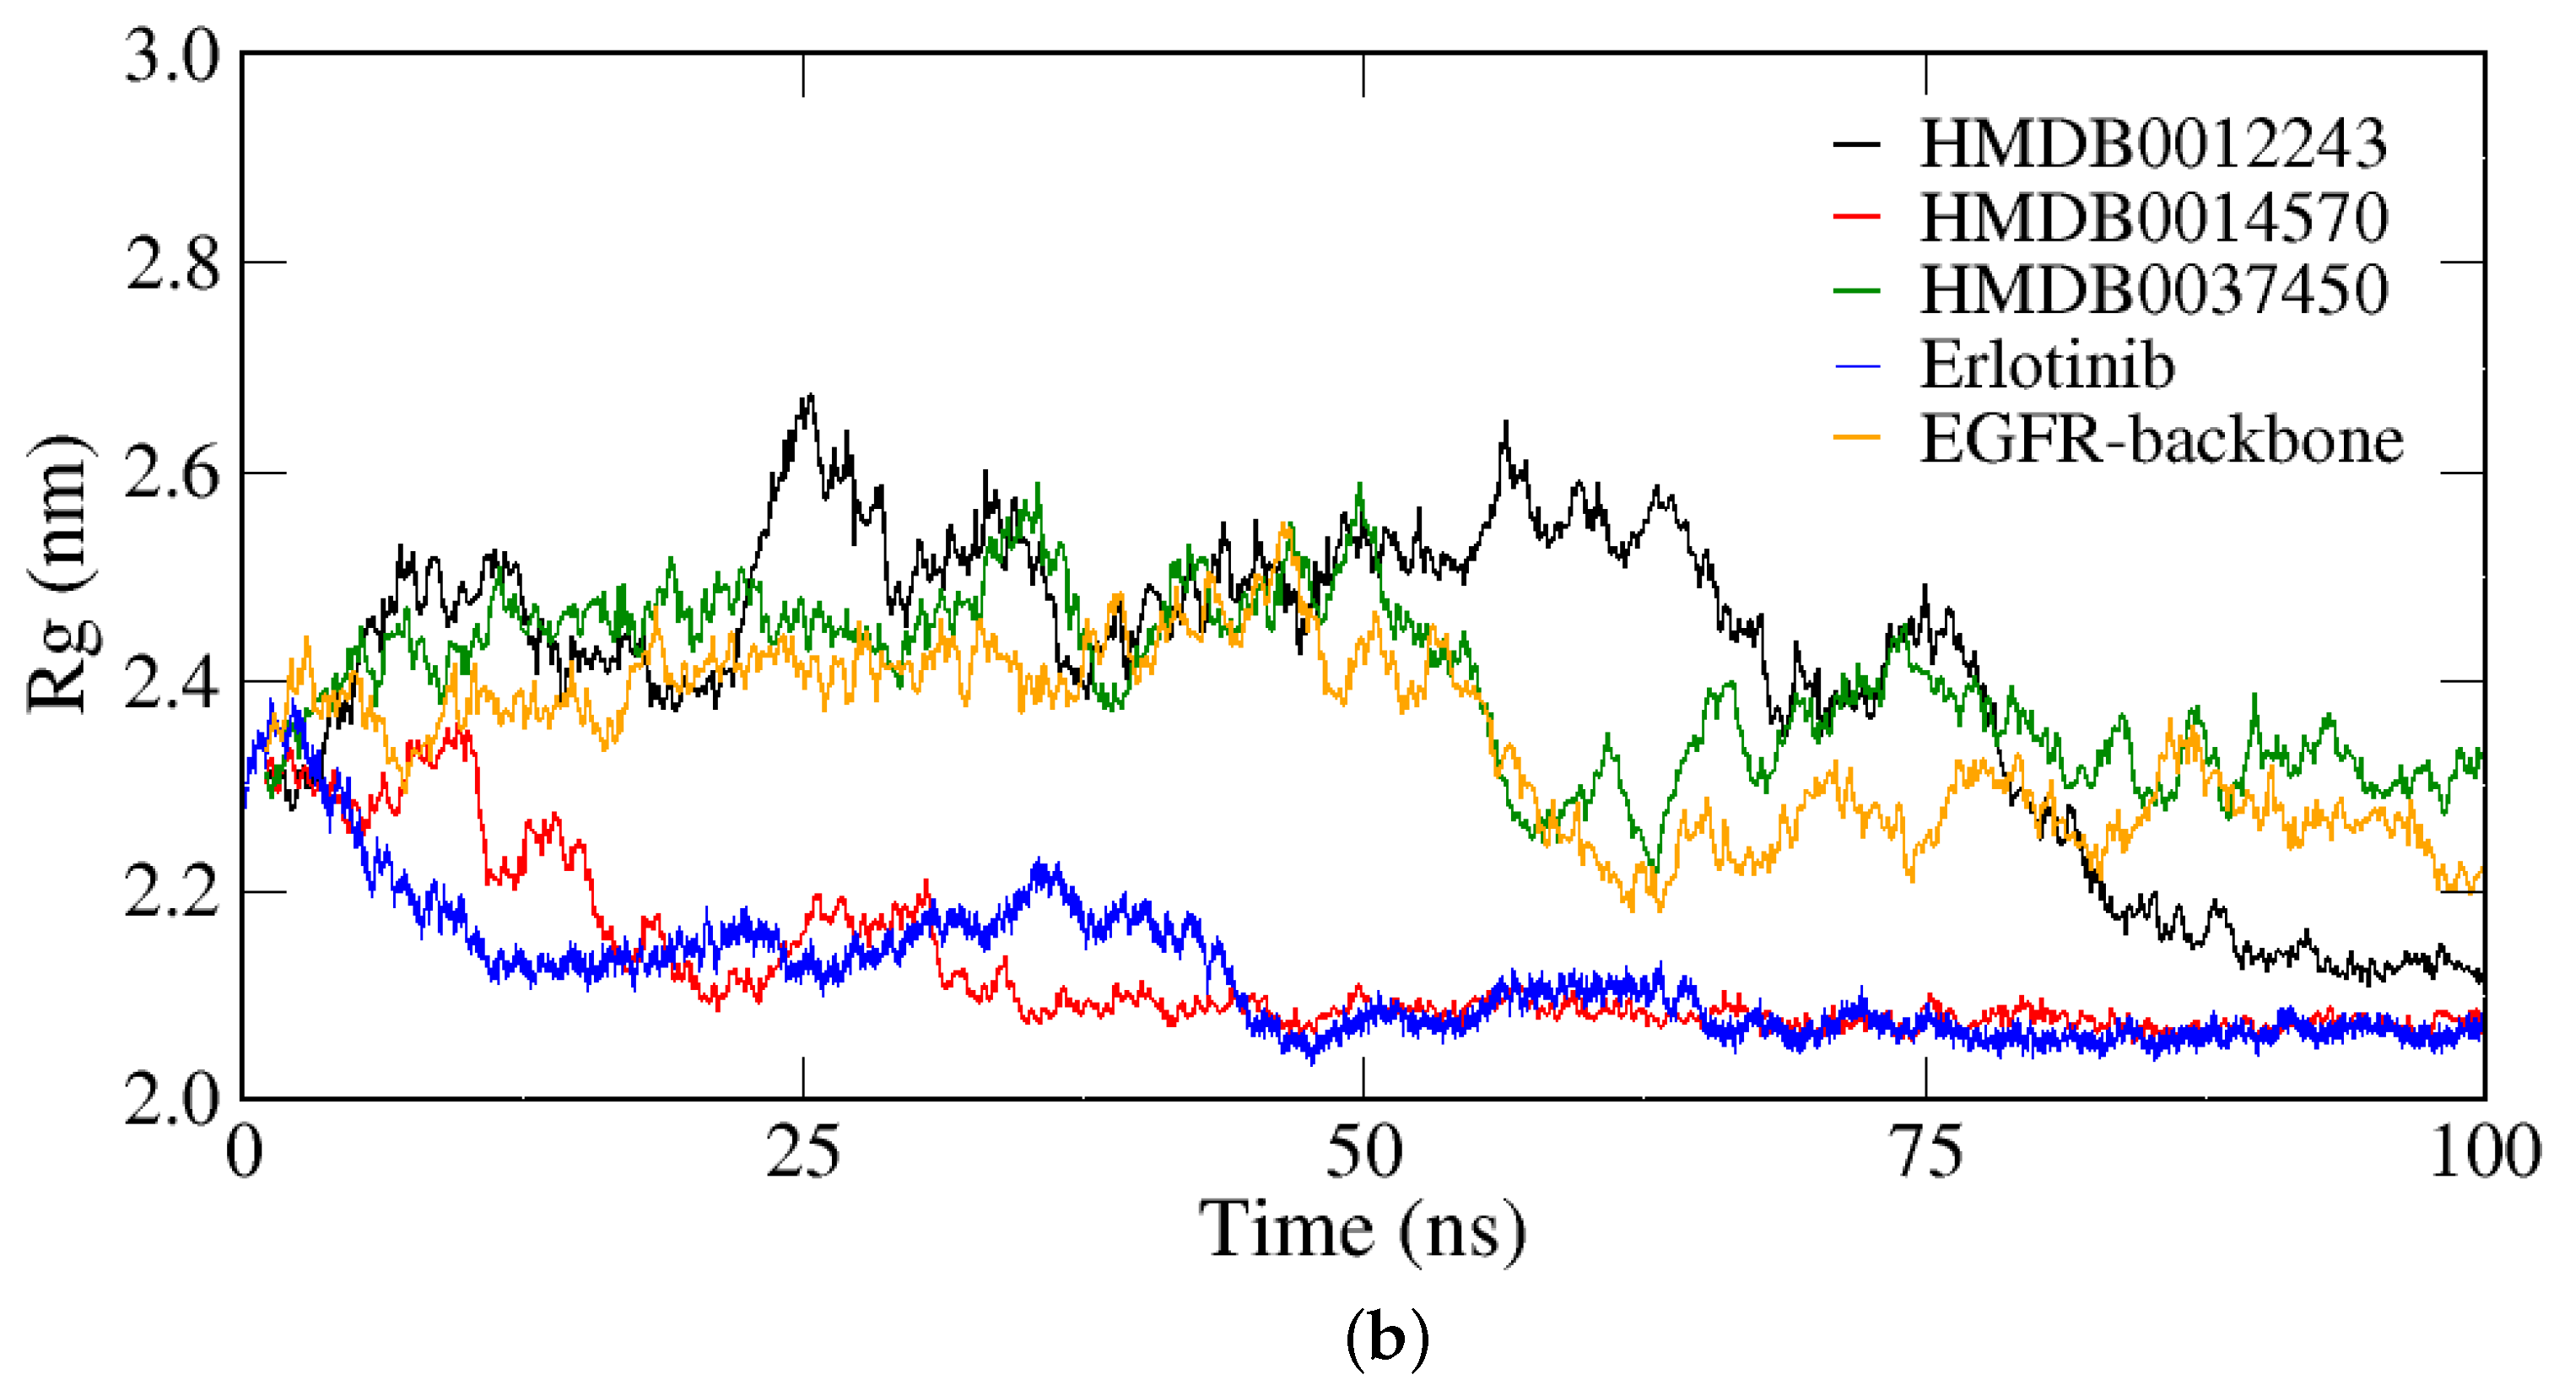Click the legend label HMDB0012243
point(2153,144)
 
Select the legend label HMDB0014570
point(2153,218)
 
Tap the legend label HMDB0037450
point(2153,290)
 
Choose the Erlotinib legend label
point(2046,365)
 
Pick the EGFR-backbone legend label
point(2161,440)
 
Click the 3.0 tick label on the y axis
point(171,56)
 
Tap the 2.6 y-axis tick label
point(171,475)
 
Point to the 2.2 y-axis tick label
point(171,893)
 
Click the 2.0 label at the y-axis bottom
point(171,1101)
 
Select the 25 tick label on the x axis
point(802,1153)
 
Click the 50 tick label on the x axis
point(1363,1153)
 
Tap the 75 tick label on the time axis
point(1925,1153)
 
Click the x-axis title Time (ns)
point(1363,1231)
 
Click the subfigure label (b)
point(1387,1338)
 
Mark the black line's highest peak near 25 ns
point(809,396)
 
